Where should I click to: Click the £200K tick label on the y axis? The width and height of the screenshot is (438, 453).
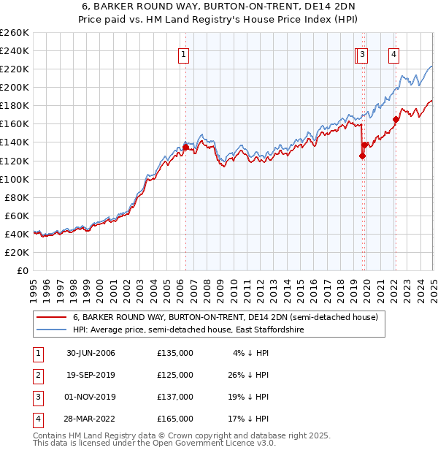pyautogui.click(x=14, y=87)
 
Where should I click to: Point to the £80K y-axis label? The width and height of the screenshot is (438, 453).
pyautogui.click(x=16, y=197)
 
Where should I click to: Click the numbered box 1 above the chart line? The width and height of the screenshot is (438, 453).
pyautogui.click(x=182, y=53)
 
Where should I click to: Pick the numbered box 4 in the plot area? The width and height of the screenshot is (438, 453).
pyautogui.click(x=393, y=53)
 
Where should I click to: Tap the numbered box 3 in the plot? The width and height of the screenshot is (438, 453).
pyautogui.click(x=363, y=53)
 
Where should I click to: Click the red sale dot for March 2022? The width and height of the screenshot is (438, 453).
pyautogui.click(x=396, y=119)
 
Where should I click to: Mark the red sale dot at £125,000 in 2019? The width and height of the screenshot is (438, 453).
pyautogui.click(x=362, y=156)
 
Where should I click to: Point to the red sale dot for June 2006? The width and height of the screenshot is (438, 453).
pyautogui.click(x=185, y=147)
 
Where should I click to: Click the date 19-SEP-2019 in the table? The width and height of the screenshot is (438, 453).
pyautogui.click(x=91, y=375)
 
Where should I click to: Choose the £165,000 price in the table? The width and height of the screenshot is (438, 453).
pyautogui.click(x=175, y=419)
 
